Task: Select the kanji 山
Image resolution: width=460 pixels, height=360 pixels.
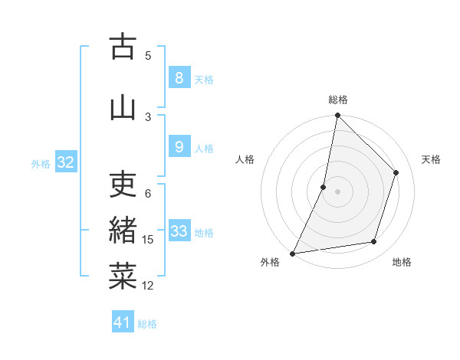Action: pyautogui.click(x=123, y=106)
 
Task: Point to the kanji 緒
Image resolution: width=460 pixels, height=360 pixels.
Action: pyautogui.click(x=123, y=231)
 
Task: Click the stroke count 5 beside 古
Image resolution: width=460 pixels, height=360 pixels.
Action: pyautogui.click(x=148, y=55)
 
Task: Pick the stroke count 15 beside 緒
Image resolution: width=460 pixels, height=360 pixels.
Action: pyautogui.click(x=148, y=240)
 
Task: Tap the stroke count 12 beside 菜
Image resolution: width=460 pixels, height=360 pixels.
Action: pyautogui.click(x=148, y=286)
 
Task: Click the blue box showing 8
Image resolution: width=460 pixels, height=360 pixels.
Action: pyautogui.click(x=179, y=78)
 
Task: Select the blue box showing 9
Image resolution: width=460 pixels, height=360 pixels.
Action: pyautogui.click(x=179, y=147)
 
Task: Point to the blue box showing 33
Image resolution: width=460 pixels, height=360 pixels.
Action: pyautogui.click(x=179, y=231)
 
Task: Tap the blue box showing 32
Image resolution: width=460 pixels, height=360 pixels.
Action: pyautogui.click(x=65, y=162)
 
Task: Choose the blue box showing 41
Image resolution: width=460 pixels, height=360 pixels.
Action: pyautogui.click(x=123, y=322)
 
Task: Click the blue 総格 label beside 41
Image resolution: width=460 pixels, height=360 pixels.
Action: pyautogui.click(x=147, y=324)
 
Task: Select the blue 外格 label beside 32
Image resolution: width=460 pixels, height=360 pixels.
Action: pyautogui.click(x=41, y=163)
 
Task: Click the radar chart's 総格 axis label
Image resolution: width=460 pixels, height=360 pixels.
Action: pyautogui.click(x=337, y=100)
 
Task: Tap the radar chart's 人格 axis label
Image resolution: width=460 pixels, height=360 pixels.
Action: pyautogui.click(x=245, y=159)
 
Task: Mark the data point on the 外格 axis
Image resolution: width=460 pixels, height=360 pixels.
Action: pyautogui.click(x=292, y=253)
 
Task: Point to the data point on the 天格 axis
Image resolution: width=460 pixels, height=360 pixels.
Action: pyautogui.click(x=396, y=172)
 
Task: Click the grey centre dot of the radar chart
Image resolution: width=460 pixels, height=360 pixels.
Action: pyautogui.click(x=337, y=191)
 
